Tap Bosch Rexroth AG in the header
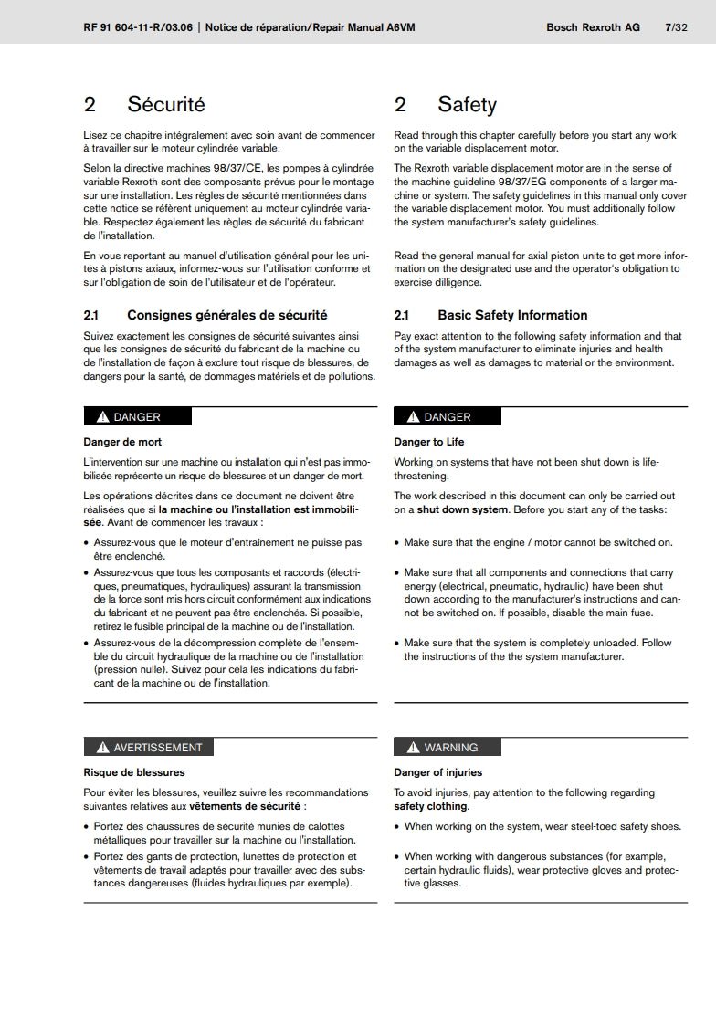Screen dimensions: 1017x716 (593, 27)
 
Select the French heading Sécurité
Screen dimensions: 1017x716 (166, 104)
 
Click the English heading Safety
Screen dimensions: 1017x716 (467, 104)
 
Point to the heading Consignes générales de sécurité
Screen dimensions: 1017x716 (226, 315)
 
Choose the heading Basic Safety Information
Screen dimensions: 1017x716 (512, 315)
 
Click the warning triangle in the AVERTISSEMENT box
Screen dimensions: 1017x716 (102, 748)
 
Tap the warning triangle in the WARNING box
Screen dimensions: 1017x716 (413, 748)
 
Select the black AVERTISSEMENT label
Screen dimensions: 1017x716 (148, 747)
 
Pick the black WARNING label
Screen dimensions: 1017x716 (447, 747)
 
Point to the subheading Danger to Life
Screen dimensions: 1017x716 (429, 442)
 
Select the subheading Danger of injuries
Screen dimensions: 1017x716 (437, 772)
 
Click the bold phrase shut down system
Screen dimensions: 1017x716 (462, 509)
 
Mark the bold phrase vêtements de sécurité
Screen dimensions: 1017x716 (246, 807)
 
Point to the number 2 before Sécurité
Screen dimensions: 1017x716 (89, 104)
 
